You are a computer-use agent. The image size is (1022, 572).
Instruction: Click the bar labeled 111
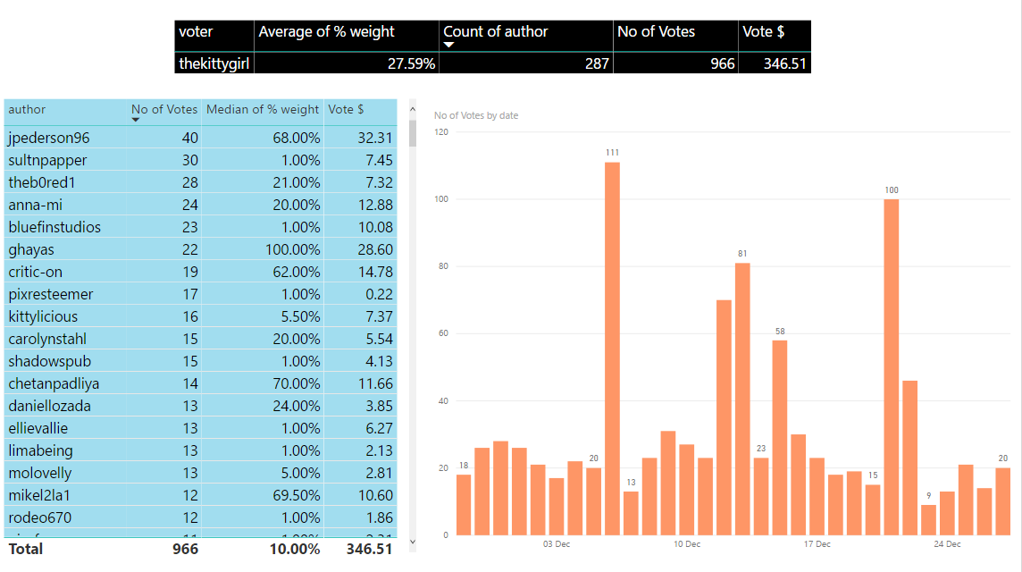tap(612, 349)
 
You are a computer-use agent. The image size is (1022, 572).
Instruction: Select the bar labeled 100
tap(892, 366)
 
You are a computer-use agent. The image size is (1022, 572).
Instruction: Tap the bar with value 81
tap(742, 399)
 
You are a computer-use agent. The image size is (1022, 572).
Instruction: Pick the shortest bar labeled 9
tap(928, 520)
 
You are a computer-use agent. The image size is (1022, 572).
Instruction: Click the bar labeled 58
tap(780, 437)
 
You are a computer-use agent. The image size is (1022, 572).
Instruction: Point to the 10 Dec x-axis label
tap(687, 544)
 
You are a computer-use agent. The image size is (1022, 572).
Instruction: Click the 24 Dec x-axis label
tap(947, 544)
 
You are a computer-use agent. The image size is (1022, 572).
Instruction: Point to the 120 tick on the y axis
tap(440, 132)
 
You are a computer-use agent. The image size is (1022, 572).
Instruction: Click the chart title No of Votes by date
tap(476, 115)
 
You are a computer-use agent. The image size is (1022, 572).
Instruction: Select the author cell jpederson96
tap(49, 138)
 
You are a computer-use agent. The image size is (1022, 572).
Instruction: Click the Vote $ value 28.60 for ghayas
tap(373, 249)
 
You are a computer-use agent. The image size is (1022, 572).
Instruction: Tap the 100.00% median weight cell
tap(292, 249)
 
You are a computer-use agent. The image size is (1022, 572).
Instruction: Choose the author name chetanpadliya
tap(54, 383)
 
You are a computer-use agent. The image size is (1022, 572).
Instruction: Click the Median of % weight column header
tap(263, 109)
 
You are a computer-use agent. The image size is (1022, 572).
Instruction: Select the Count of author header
tap(496, 32)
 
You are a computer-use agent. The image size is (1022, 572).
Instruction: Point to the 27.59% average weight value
tap(410, 63)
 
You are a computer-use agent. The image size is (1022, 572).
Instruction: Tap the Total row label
tap(26, 549)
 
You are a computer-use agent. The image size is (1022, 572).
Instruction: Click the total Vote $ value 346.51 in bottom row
tap(369, 549)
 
